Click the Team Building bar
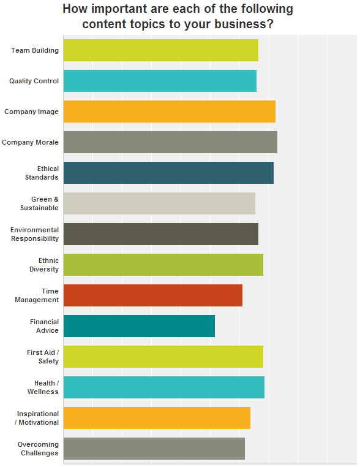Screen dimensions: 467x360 160,50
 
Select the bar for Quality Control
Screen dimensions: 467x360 160,81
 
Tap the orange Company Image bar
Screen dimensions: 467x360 169,112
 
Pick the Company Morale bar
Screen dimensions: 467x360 170,142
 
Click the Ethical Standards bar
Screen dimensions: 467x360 168,173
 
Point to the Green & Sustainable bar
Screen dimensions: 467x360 159,203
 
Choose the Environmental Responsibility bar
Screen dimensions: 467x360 160,234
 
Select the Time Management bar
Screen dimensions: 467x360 152,295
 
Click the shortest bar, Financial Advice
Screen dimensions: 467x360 139,326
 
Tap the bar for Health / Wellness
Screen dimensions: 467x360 163,387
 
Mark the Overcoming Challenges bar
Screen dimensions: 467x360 154,449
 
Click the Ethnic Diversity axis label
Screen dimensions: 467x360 44,265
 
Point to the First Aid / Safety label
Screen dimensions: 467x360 43,357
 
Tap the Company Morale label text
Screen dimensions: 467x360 31,143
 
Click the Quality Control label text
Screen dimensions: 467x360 34,82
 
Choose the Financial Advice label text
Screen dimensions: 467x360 44,326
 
